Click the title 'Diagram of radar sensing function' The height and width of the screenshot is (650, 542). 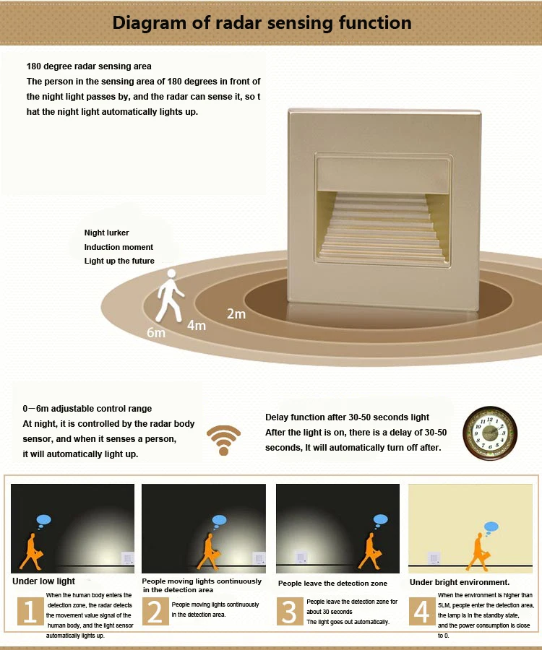coord(262,23)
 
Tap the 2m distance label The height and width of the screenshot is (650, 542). coord(236,314)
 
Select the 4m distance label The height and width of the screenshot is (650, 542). coord(196,326)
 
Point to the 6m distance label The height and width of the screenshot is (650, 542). coord(156,332)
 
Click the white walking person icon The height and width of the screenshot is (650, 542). coord(170,295)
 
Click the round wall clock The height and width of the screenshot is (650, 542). coord(490,432)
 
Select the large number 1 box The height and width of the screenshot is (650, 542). coord(30,611)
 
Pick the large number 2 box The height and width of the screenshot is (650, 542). coord(155,611)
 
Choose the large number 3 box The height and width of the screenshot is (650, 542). coord(290,611)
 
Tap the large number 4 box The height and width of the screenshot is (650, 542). coord(422,611)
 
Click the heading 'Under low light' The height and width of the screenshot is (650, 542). coord(43,581)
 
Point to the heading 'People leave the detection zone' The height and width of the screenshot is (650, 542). coord(332,584)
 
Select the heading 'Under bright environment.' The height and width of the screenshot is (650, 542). coord(460,582)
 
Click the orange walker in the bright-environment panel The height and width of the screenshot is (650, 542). coord(478,552)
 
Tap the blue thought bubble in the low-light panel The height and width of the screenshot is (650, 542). coord(43,521)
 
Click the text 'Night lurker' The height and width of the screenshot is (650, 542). coord(106,233)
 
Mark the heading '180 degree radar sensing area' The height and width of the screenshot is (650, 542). coord(89,66)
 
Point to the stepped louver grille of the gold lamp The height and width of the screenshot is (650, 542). coord(382,227)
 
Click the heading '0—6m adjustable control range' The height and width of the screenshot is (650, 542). coord(87,408)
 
